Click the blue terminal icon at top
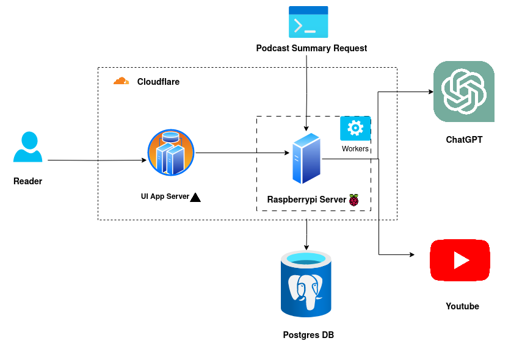[308, 23]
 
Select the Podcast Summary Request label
[311, 48]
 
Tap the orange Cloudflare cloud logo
[121, 81]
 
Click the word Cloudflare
[158, 82]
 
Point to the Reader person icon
[27, 147]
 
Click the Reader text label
[27, 181]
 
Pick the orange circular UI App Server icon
[170, 153]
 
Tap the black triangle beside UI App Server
[195, 197]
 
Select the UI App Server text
[164, 196]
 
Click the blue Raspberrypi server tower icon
[306, 159]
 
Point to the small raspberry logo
[353, 200]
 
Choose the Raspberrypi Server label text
[306, 200]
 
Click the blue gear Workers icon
[355, 128]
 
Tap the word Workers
[355, 149]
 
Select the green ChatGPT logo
[464, 92]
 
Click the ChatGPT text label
[464, 140]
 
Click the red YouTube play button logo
[460, 261]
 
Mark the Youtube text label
[462, 306]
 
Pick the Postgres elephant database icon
[308, 284]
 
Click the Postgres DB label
[308, 335]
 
